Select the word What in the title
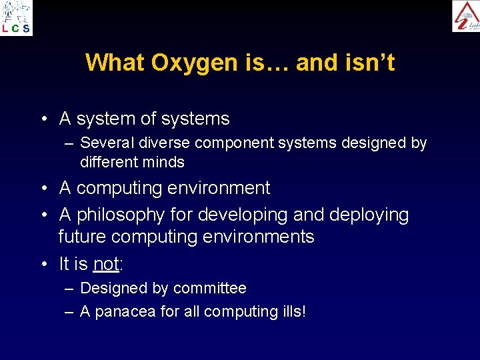(115, 63)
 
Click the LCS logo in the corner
(16, 17)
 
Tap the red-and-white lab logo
(465, 16)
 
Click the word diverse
(159, 143)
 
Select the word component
(224, 143)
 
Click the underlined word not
(106, 264)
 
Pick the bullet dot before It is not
(43, 265)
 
